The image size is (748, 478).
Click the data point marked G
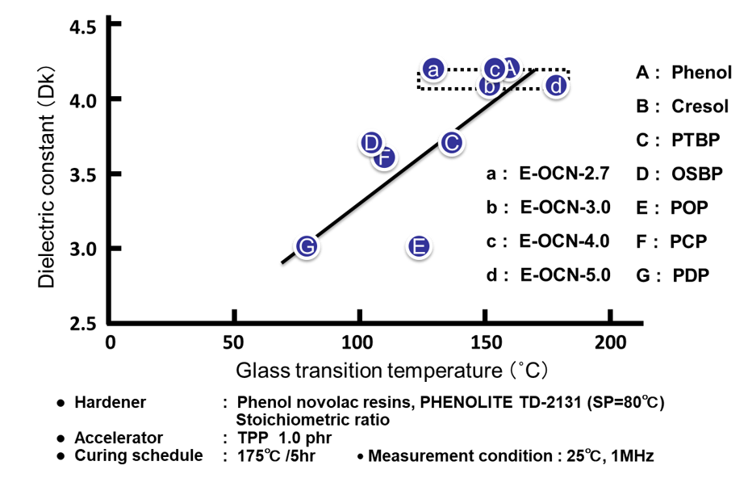pyautogui.click(x=306, y=246)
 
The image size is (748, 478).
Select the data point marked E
pyautogui.click(x=418, y=247)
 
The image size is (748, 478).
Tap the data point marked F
pyautogui.click(x=384, y=157)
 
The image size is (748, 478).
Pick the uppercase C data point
pyautogui.click(x=451, y=143)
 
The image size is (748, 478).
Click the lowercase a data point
pyautogui.click(x=433, y=70)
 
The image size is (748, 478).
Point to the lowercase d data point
pyautogui.click(x=555, y=86)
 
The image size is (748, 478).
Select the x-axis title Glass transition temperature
pyautogui.click(x=392, y=371)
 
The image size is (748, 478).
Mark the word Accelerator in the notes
pyautogui.click(x=119, y=438)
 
